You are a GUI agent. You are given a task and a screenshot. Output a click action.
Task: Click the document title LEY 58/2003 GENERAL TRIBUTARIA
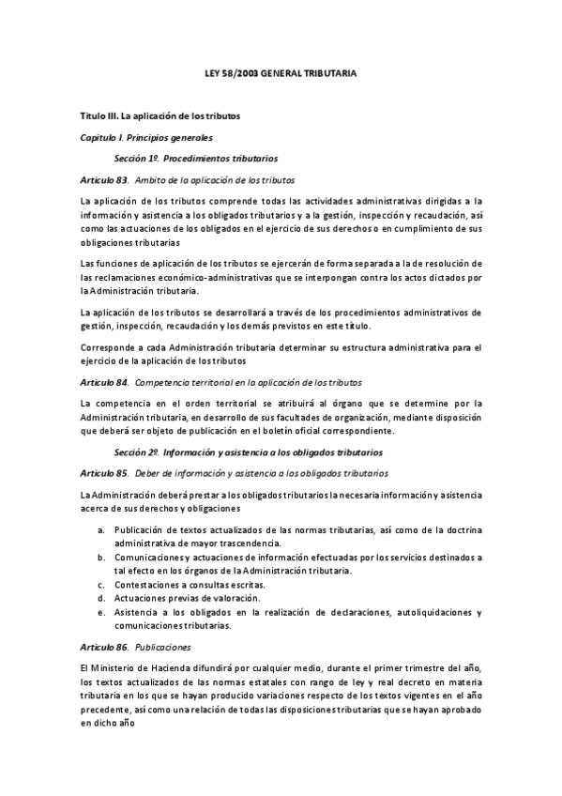pos(281,71)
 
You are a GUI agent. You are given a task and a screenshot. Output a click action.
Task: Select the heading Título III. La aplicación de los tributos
pos(161,115)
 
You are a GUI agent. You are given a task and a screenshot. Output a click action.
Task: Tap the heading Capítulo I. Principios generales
pos(145,137)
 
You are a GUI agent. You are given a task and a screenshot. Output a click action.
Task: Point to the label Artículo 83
pos(104,178)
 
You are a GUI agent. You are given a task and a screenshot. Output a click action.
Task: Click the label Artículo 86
pos(104,647)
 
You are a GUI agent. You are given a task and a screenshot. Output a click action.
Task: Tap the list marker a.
pos(101,531)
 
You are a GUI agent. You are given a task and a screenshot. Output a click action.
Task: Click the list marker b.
pos(101,558)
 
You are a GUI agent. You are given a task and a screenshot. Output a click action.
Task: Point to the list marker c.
pos(101,585)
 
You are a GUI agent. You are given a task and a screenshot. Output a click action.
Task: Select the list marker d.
pos(101,598)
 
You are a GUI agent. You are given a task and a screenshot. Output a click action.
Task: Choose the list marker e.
pos(101,612)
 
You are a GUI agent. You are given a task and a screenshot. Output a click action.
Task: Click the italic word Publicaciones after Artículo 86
pos(163,647)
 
